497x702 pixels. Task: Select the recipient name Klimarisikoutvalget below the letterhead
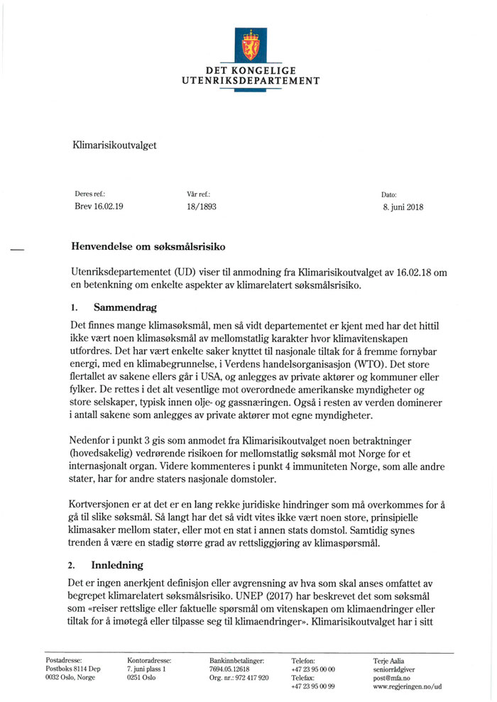pos(114,146)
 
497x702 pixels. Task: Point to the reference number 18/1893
pos(197,207)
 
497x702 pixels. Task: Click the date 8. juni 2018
pos(403,207)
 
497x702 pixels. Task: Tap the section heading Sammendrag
pos(125,308)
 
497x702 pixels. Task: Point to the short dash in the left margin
pos(17,249)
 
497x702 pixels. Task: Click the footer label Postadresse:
pos(63,660)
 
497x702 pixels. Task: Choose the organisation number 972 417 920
pos(253,677)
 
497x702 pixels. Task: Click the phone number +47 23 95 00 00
pos(313,669)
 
